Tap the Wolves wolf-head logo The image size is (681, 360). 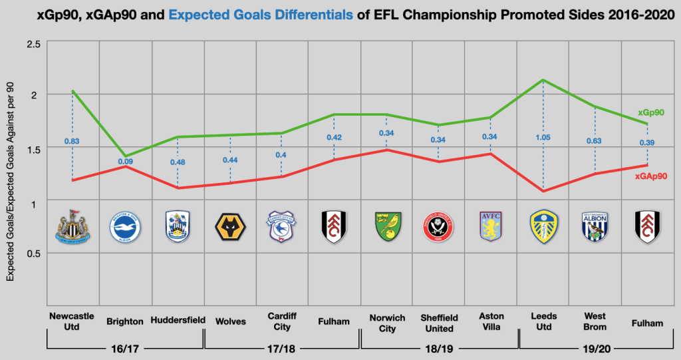tap(230, 228)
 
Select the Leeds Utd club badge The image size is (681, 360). tap(543, 227)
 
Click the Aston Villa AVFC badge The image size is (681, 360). tap(491, 227)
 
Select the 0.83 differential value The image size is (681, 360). tap(72, 141)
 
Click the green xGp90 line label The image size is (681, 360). tap(651, 112)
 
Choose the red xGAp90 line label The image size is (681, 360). tap(650, 176)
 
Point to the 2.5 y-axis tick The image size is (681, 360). tap(33, 43)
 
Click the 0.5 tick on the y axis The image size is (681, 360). tap(33, 254)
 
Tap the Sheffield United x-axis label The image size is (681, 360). tap(438, 322)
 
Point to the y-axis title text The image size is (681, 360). tap(10, 180)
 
